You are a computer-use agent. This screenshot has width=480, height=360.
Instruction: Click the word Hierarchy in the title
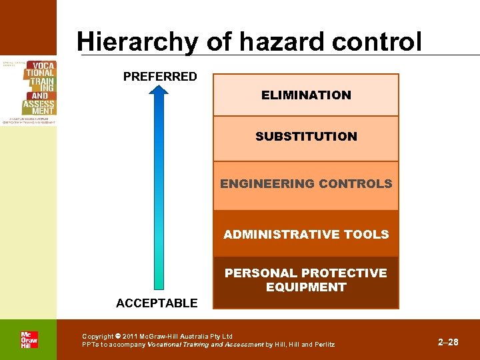pyautogui.click(x=137, y=42)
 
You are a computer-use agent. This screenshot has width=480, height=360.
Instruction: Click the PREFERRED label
pyautogui.click(x=160, y=77)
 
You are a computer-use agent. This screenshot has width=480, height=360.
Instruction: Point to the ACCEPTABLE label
pyautogui.click(x=157, y=303)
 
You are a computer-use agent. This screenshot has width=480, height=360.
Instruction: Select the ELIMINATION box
pyautogui.click(x=306, y=95)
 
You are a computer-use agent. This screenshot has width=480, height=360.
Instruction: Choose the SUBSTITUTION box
pyautogui.click(x=306, y=137)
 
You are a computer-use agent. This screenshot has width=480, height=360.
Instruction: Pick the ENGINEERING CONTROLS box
pyautogui.click(x=306, y=184)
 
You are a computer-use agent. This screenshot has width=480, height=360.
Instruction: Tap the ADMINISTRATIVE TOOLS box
pyautogui.click(x=306, y=235)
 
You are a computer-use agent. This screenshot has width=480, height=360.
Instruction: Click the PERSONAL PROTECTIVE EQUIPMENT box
pyautogui.click(x=306, y=281)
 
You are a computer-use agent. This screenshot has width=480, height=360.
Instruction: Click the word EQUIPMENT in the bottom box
pyautogui.click(x=306, y=287)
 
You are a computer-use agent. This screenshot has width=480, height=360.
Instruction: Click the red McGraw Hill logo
pyautogui.click(x=29, y=339)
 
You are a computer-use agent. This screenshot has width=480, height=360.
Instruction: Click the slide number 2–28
pyautogui.click(x=448, y=342)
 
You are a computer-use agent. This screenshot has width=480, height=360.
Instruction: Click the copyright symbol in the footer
pyautogui.click(x=118, y=336)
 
